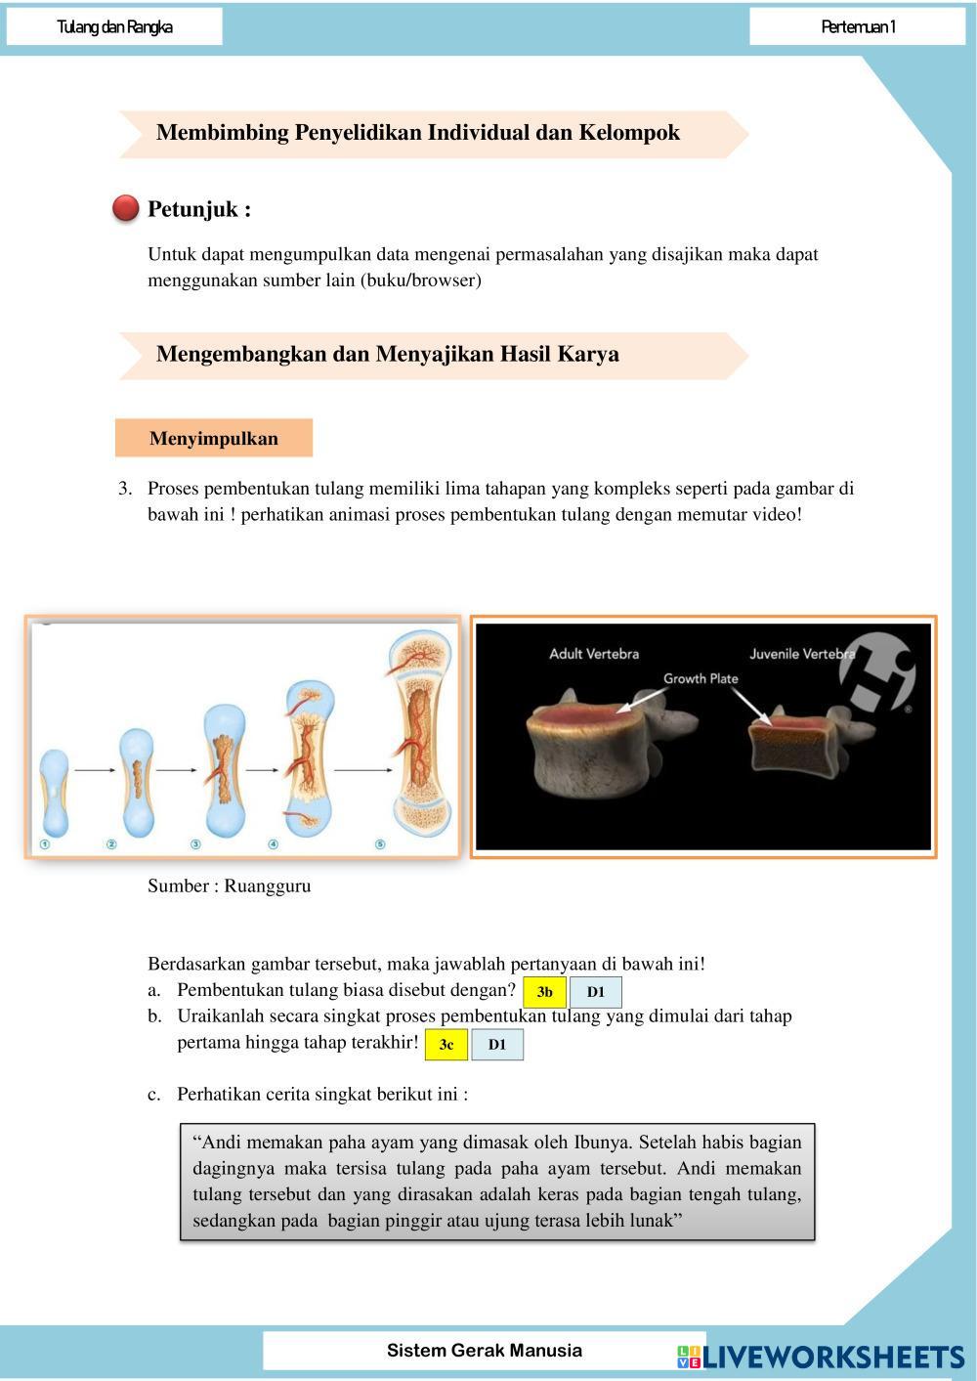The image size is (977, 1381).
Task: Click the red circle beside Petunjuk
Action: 125,208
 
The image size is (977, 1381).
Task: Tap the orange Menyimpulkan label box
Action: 214,438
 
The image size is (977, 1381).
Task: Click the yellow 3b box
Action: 544,992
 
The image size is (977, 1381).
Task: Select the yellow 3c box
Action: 446,1045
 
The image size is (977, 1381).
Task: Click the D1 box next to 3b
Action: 596,992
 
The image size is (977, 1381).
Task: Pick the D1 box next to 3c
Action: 497,1045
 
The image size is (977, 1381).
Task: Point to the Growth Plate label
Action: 701,678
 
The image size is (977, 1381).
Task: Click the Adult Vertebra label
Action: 594,654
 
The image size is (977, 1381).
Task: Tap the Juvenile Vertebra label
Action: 802,654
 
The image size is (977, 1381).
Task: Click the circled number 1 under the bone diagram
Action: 45,844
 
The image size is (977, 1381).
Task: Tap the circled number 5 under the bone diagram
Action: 380,844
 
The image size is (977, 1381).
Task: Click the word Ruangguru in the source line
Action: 268,886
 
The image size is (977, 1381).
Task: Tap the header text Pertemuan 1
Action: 858,26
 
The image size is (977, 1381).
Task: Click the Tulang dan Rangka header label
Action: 115,26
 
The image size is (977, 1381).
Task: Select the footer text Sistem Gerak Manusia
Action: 485,1351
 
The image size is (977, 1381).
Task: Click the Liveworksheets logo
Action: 821,1357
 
